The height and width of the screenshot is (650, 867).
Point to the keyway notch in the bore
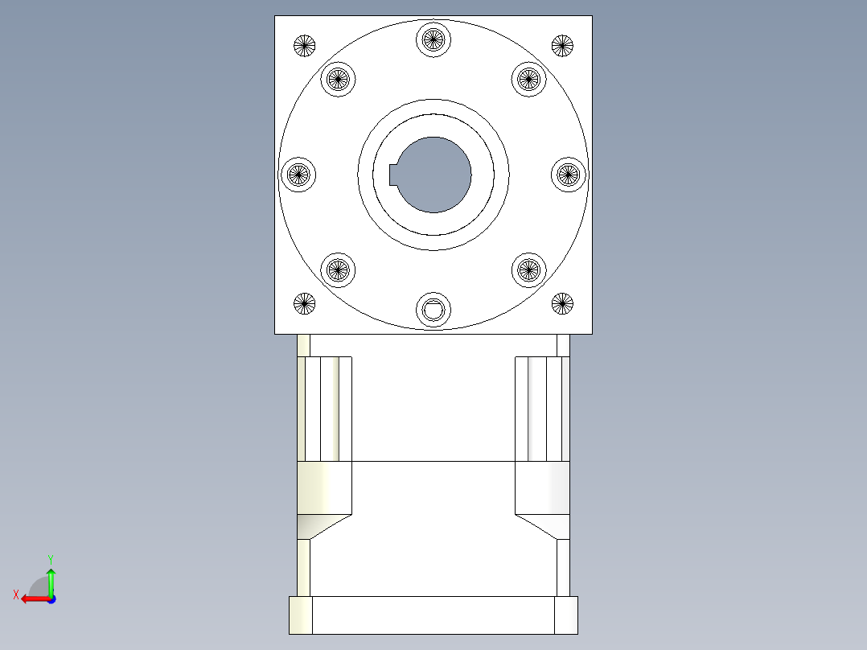pyautogui.click(x=394, y=174)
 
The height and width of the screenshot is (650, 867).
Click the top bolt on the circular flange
pyautogui.click(x=433, y=38)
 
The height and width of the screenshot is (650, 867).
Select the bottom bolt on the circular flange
pyautogui.click(x=433, y=310)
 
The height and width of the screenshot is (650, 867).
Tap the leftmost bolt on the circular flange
pyautogui.click(x=298, y=174)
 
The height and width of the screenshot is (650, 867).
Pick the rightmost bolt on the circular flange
pyautogui.click(x=569, y=174)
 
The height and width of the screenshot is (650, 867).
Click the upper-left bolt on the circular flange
pyautogui.click(x=338, y=79)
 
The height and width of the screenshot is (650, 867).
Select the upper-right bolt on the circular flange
pyautogui.click(x=528, y=79)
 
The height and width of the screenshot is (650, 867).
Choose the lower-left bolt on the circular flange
pyautogui.click(x=338, y=270)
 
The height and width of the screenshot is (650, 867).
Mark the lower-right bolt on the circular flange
pyautogui.click(x=528, y=270)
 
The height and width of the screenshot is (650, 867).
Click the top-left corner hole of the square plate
pyautogui.click(x=304, y=46)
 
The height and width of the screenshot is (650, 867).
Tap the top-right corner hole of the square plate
pyautogui.click(x=562, y=46)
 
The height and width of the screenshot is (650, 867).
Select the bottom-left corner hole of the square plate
pyautogui.click(x=304, y=303)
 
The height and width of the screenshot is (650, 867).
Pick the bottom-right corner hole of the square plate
pyautogui.click(x=562, y=303)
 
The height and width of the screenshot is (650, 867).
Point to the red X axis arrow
pyautogui.click(x=32, y=599)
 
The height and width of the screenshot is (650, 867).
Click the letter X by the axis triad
pyautogui.click(x=15, y=594)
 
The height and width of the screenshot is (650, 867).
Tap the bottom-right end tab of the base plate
pyautogui.click(x=566, y=615)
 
